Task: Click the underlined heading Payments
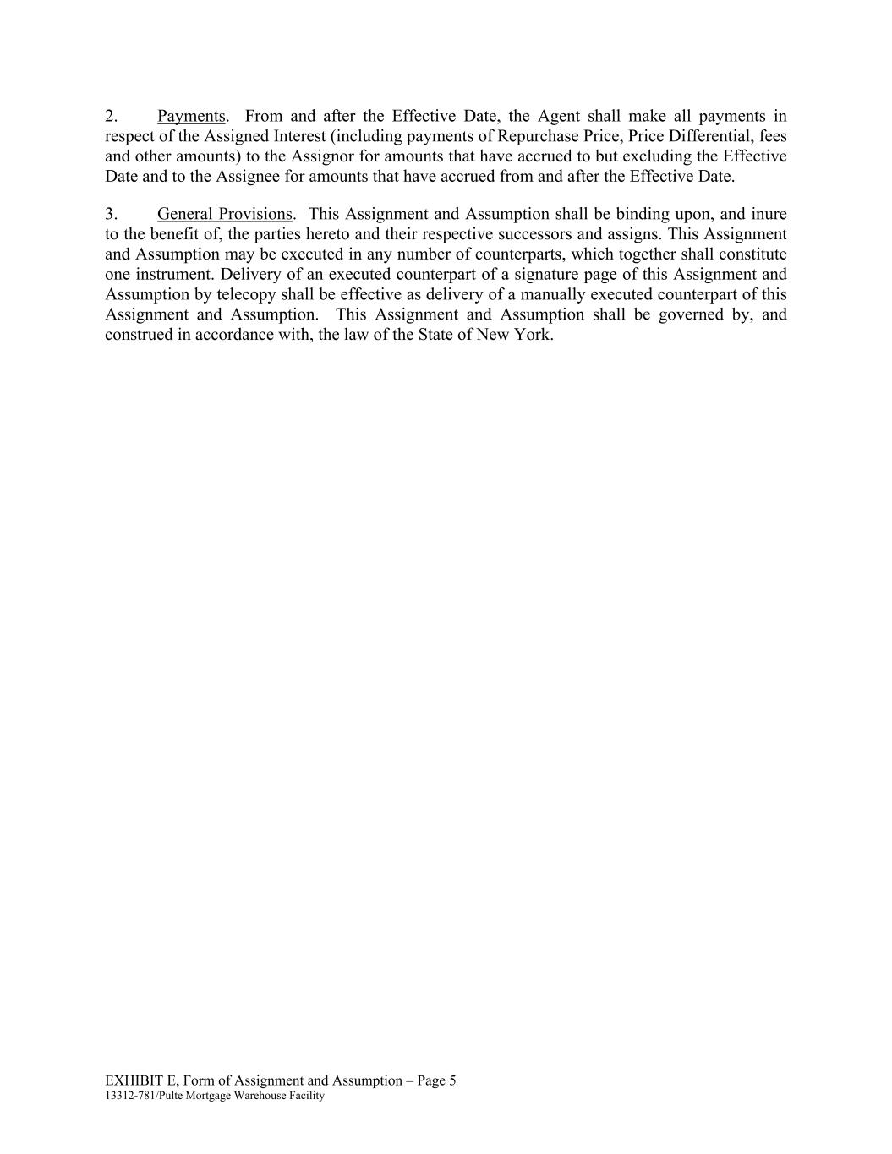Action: pos(191,117)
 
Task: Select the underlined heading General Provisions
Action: pos(224,214)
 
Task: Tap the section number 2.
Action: pos(111,117)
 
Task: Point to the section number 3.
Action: pos(111,214)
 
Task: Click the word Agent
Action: pos(559,117)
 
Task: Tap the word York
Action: pos(533,335)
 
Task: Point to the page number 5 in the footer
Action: pos(452,1080)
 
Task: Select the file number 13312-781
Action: pos(130,1096)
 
